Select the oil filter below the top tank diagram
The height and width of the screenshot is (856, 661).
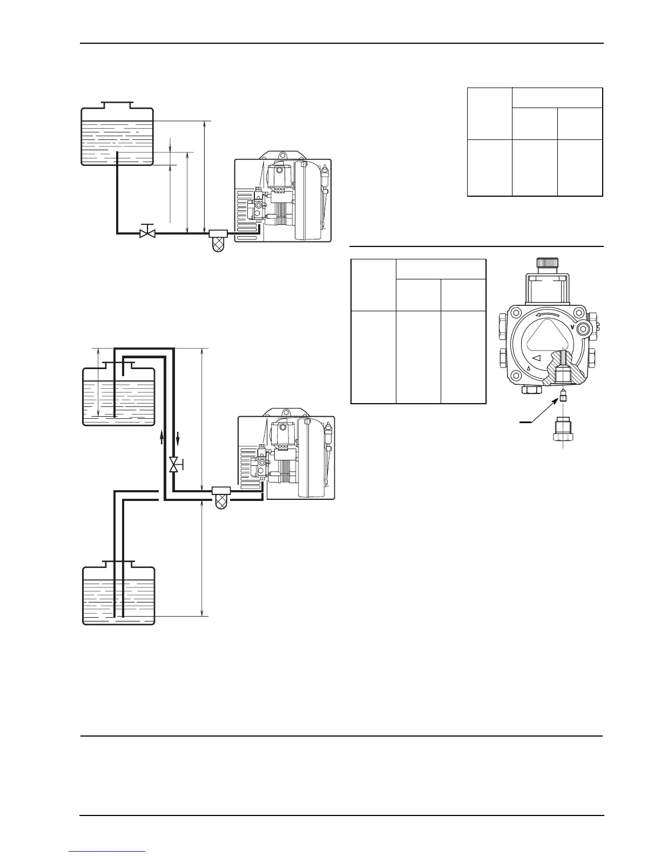[x=218, y=240]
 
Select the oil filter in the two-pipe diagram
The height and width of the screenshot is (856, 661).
[x=221, y=497]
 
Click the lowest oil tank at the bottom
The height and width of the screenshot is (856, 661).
[x=118, y=596]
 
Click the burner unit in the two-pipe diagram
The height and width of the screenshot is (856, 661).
[x=286, y=457]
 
